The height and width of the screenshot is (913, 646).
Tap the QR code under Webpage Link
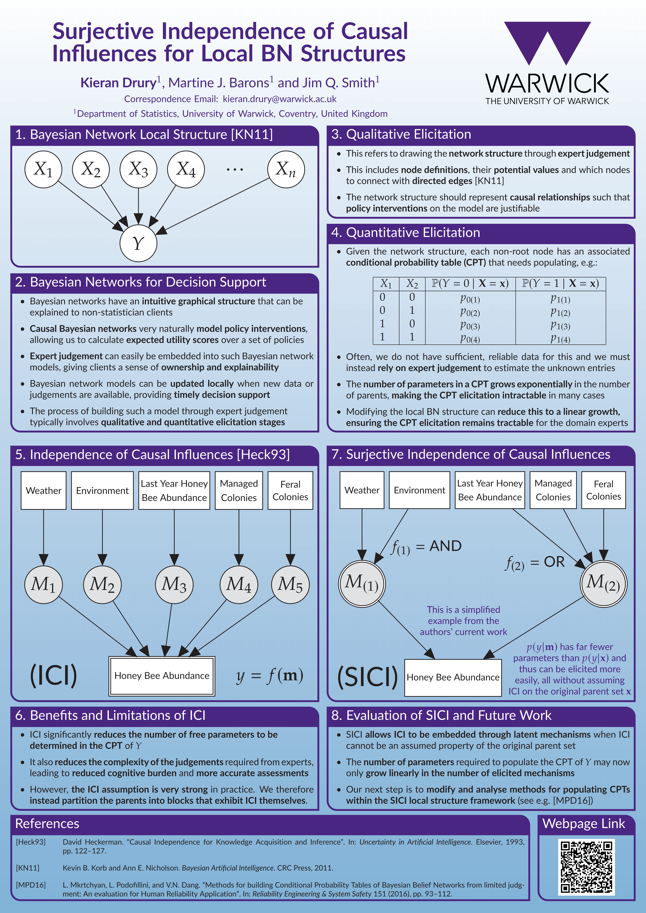pos(586,867)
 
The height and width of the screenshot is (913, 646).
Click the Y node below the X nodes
pos(138,243)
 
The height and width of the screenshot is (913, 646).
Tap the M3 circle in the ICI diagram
pos(174,585)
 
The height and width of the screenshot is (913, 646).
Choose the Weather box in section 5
pos(43,490)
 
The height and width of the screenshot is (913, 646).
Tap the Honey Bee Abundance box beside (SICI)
pos(453,677)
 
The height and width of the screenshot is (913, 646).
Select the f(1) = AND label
pos(426,547)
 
